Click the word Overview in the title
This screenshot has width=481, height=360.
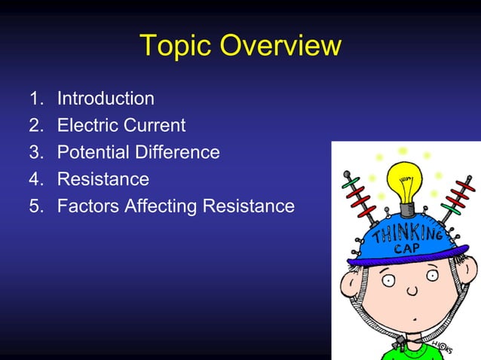[280, 46]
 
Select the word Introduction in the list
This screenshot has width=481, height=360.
[106, 99]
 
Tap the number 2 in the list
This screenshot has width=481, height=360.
[35, 126]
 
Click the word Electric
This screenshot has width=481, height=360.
[88, 126]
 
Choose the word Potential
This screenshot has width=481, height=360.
[93, 153]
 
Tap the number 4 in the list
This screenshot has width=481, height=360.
[35, 180]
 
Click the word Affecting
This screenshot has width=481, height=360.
[158, 206]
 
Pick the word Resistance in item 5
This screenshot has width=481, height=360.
[248, 206]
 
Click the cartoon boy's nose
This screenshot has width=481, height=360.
[412, 291]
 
